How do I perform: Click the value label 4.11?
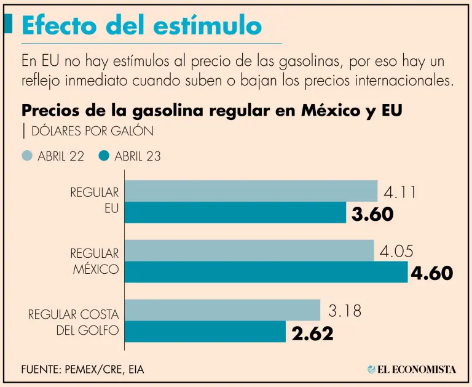tap(400, 192)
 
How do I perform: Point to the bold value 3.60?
tap(372, 214)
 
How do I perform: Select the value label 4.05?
tap(396, 251)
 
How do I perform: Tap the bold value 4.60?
tap(431, 273)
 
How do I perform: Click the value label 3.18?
tap(344, 311)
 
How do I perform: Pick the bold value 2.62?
tap(313, 333)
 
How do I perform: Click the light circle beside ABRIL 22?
tap(27, 156)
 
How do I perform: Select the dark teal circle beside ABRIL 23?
tap(104, 156)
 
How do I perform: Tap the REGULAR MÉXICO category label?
tap(95, 261)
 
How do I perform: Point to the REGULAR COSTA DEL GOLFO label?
tap(74, 322)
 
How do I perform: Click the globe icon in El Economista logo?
tap(372, 369)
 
